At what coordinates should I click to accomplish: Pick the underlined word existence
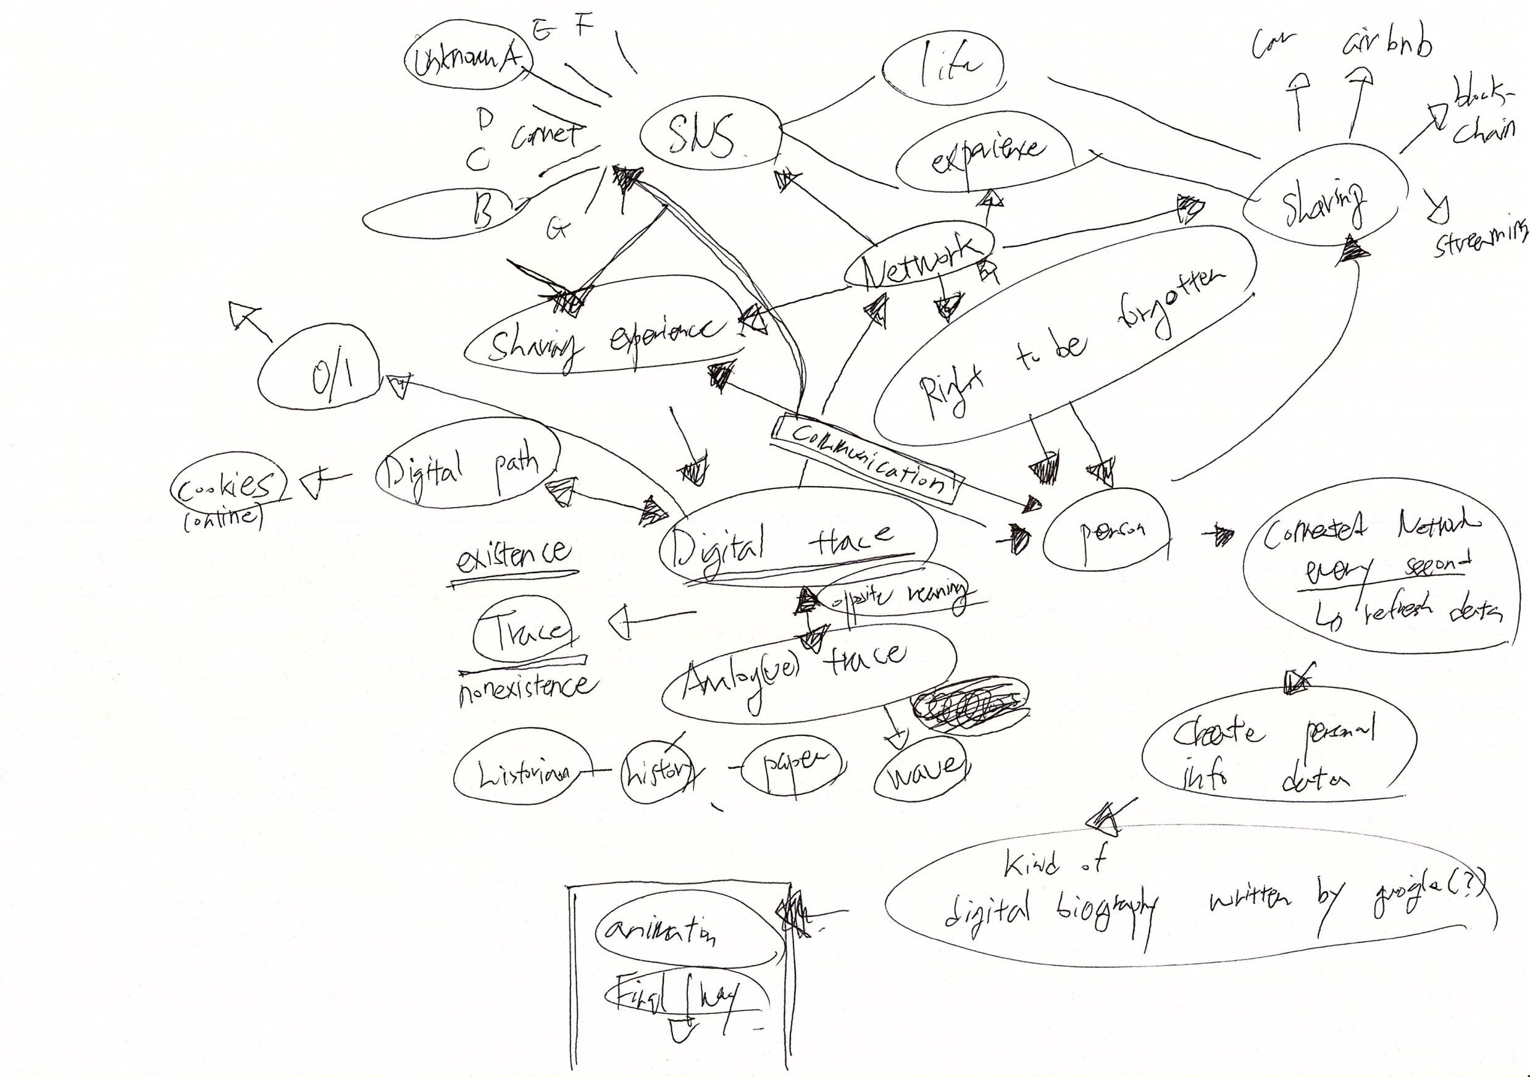pyautogui.click(x=513, y=555)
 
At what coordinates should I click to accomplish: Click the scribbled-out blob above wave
pyautogui.click(x=969, y=707)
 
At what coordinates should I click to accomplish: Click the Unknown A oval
pyautogui.click(x=470, y=62)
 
